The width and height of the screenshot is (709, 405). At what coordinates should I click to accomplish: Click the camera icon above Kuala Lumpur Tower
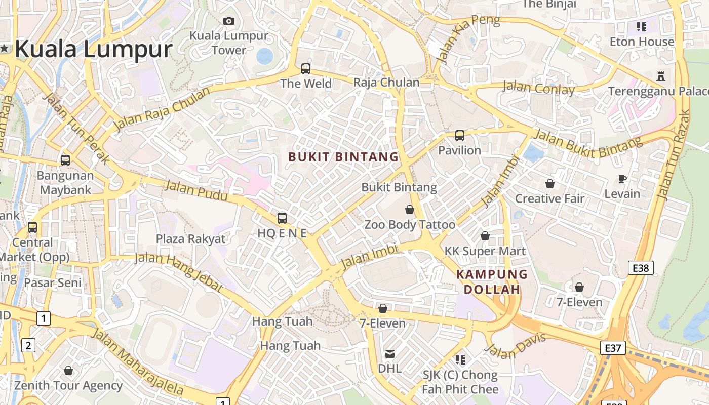point(229,21)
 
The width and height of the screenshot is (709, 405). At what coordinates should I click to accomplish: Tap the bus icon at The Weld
point(306,68)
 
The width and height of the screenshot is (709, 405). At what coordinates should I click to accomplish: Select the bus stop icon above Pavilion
point(460,135)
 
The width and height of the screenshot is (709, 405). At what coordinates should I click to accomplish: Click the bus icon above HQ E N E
point(282,218)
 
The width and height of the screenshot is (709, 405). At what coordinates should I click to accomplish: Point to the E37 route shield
point(613,348)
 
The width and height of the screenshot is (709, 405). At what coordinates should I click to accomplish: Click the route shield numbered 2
point(28,346)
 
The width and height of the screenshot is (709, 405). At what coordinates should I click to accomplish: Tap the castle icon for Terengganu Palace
point(660,76)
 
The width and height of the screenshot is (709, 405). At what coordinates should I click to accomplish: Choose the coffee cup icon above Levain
point(622,179)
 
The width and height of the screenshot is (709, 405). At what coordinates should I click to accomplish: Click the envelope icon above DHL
point(390,353)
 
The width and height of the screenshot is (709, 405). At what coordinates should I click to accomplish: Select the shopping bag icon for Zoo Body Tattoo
point(410,210)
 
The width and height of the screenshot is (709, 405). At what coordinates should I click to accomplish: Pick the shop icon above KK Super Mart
point(485,236)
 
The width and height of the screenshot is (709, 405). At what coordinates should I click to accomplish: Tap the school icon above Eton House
point(642,27)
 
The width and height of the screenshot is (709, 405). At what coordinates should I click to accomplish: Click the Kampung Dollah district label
point(492,282)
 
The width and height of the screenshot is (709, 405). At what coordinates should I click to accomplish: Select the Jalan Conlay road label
point(538,89)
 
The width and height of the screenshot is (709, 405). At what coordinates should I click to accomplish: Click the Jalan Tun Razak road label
point(673,154)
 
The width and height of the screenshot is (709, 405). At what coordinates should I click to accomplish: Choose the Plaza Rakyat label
point(190,239)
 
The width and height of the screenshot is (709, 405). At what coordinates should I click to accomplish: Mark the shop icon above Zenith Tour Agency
point(68,371)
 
